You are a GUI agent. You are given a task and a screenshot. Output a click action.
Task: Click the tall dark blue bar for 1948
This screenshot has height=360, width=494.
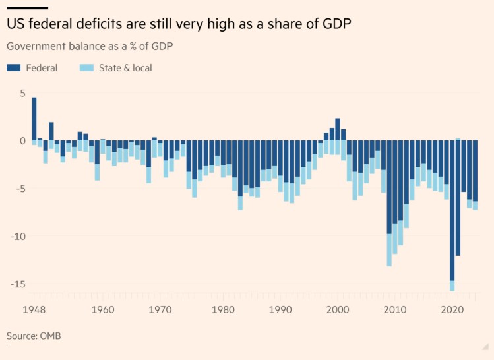pyautogui.click(x=34, y=119)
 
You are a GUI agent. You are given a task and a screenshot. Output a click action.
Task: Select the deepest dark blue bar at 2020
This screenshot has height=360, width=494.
pyautogui.click(x=452, y=211)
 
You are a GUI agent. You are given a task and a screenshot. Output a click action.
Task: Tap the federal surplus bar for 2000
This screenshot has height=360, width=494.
pyautogui.click(x=338, y=129)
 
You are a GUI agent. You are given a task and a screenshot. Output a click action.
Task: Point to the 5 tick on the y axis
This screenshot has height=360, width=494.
pyautogui.click(x=22, y=94)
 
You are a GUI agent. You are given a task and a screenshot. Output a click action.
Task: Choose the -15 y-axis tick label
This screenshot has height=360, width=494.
pyautogui.click(x=18, y=284)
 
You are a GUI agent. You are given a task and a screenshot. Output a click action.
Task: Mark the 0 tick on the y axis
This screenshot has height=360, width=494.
pyautogui.click(x=22, y=141)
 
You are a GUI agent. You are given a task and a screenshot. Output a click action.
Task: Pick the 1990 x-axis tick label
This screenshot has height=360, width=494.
pyautogui.click(x=281, y=309)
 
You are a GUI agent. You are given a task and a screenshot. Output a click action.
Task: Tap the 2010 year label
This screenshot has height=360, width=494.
pyautogui.click(x=395, y=309)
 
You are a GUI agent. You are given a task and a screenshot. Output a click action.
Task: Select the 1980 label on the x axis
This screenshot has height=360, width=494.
pyautogui.click(x=224, y=309)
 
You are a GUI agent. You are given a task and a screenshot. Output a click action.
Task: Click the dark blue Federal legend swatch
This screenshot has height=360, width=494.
pyautogui.click(x=15, y=67)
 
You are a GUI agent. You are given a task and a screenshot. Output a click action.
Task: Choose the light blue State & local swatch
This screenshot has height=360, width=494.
pyautogui.click(x=86, y=67)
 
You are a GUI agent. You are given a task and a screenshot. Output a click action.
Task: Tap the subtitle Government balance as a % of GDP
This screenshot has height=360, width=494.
pyautogui.click(x=90, y=47)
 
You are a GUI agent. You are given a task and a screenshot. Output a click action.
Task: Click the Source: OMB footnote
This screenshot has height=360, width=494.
pyautogui.click(x=34, y=336)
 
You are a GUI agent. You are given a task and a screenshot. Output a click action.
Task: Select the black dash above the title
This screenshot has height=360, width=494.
pyautogui.click(x=27, y=7)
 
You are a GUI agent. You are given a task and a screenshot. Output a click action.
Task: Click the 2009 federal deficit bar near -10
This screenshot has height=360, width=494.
pyautogui.click(x=389, y=187)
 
